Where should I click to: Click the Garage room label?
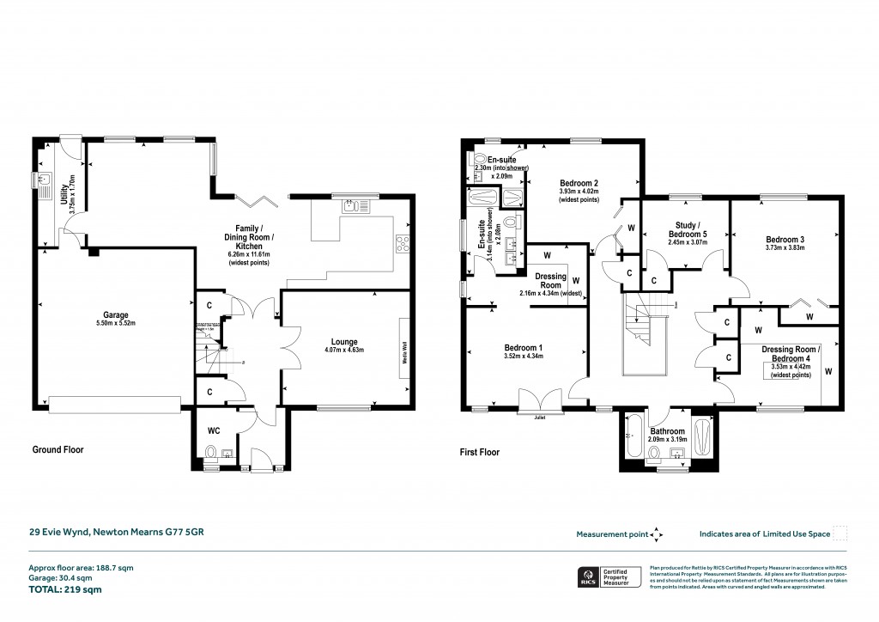[115, 314]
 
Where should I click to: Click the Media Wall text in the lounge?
[405, 351]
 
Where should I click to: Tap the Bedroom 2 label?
[579, 182]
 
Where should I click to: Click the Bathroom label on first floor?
[666, 430]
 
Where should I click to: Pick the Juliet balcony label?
[538, 418]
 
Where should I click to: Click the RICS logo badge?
[590, 576]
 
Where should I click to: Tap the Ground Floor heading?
[58, 449]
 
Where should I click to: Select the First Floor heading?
[479, 452]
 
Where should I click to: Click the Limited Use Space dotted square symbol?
[841, 534]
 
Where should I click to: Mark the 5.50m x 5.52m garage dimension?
[115, 324]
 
